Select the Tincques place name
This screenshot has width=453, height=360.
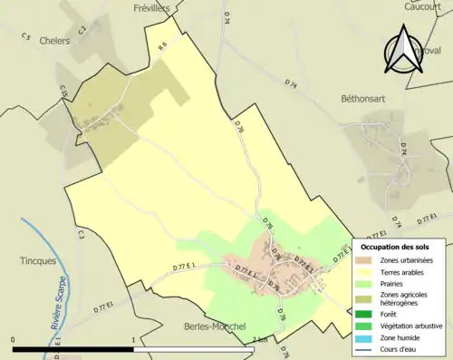point(37,260)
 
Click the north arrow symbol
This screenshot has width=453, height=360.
point(404,51)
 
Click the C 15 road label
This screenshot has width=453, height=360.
point(63,91)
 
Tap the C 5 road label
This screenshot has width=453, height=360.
point(25,37)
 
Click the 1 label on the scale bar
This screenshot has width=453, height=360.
point(134,339)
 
